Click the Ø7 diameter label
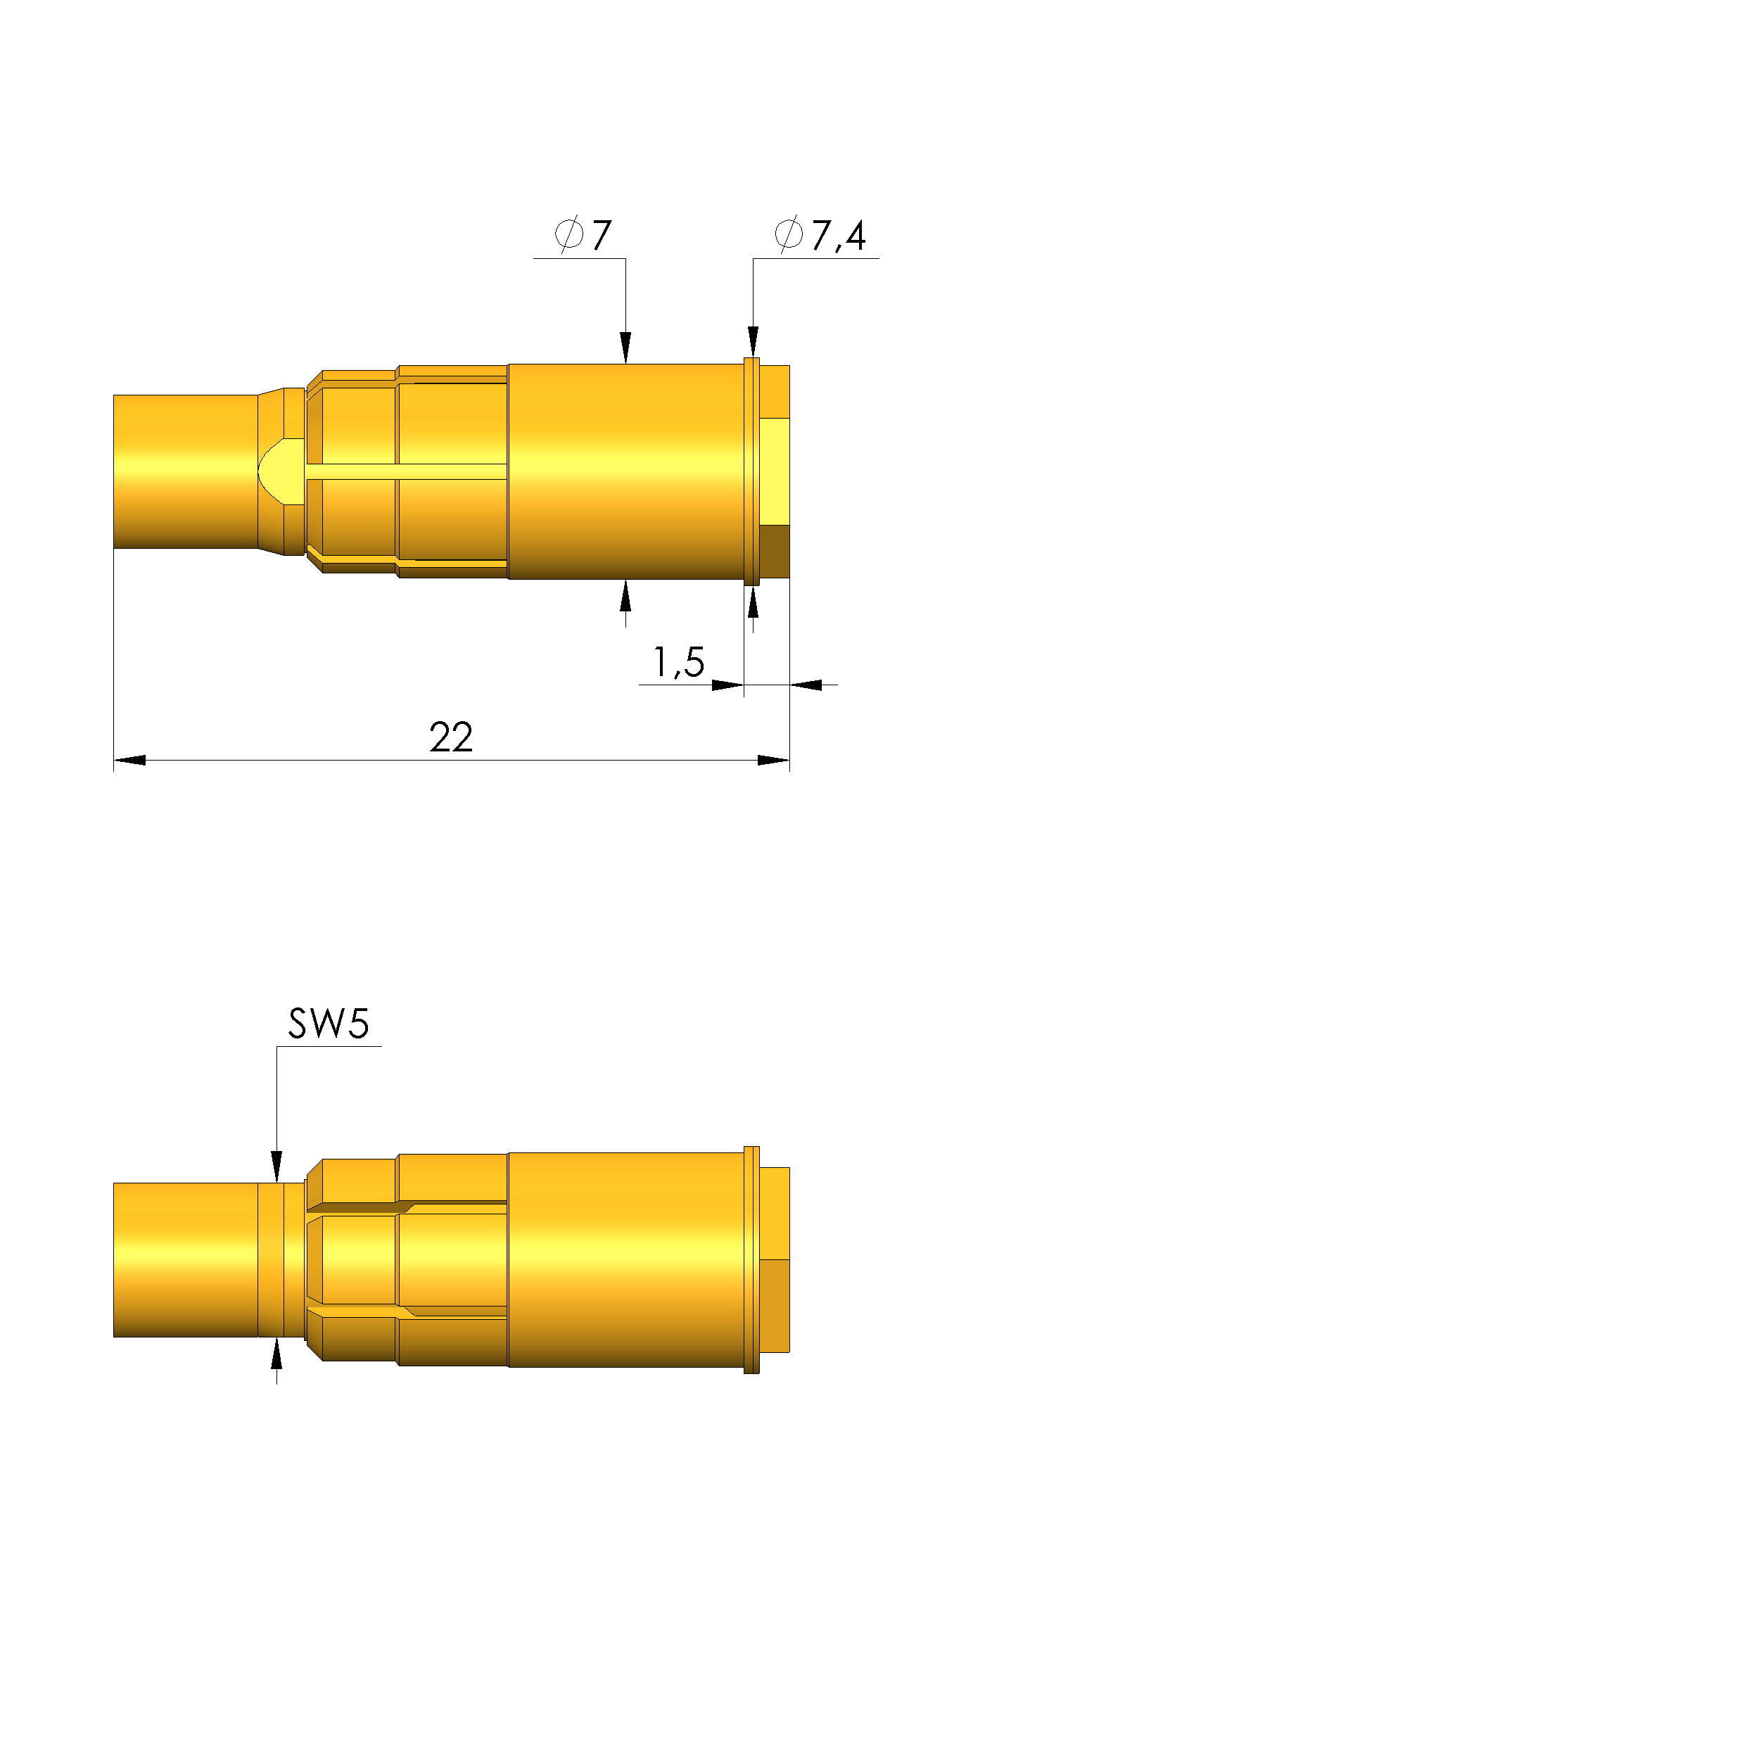tap(583, 235)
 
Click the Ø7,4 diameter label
tap(820, 235)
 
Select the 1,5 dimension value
tap(679, 663)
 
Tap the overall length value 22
tap(451, 737)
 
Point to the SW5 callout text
tap(328, 1024)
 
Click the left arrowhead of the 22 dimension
tap(129, 760)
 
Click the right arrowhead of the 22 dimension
tap(774, 760)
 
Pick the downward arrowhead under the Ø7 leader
tap(625, 348)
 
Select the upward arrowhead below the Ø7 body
tap(625, 595)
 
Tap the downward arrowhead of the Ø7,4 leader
tap(753, 342)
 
